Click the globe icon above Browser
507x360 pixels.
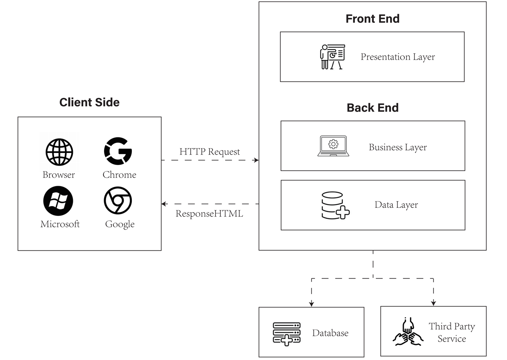59,152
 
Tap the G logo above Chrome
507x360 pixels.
118,151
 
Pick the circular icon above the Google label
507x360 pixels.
118,200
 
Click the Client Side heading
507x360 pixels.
89,102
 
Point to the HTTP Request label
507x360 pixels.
209,152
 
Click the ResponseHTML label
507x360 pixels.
209,213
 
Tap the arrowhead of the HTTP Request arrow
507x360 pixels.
256,160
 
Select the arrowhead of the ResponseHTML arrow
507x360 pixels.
164,204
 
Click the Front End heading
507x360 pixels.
372,19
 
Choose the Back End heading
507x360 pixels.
372,108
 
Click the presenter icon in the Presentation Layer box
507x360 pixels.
332,57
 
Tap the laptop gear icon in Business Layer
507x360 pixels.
333,146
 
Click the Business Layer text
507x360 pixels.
397,147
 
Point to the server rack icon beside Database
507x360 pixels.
286,334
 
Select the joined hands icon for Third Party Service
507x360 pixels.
408,332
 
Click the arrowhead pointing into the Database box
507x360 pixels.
312,304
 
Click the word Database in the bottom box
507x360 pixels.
330,333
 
